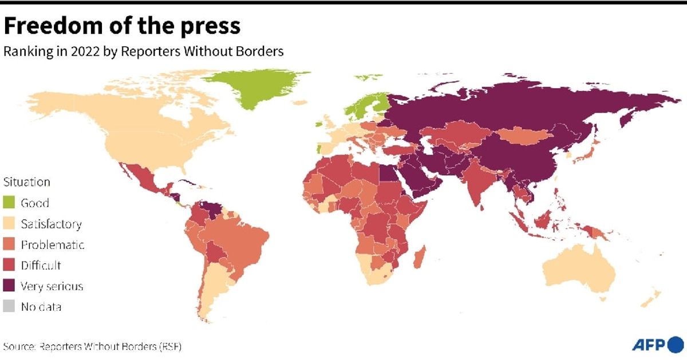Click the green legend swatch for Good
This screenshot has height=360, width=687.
click(10, 203)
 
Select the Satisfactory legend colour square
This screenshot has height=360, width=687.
click(10, 224)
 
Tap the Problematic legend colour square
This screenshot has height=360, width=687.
click(10, 245)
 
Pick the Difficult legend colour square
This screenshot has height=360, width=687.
click(10, 266)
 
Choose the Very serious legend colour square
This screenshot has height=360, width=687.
click(10, 286)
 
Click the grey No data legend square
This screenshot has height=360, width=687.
click(10, 307)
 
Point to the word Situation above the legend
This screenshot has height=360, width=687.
click(27, 183)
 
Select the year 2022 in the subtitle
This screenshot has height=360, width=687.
click(86, 51)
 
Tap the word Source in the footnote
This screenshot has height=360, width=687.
click(18, 346)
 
